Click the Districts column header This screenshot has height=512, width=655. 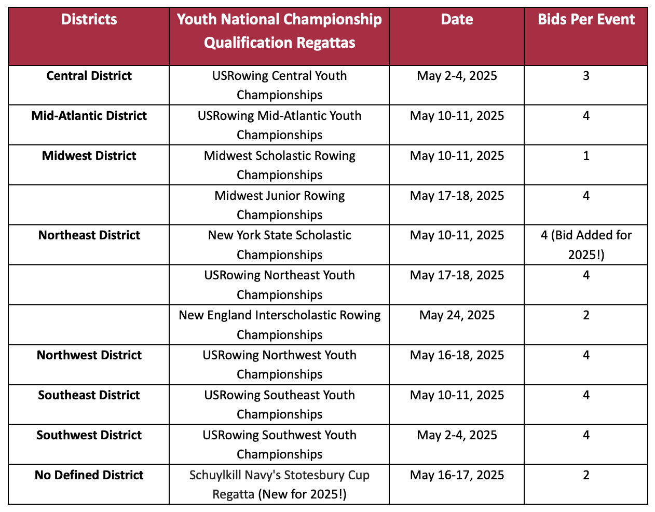(x=89, y=20)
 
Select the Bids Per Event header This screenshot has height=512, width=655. (x=586, y=20)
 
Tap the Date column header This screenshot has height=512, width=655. (x=457, y=20)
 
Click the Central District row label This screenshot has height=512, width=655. (x=89, y=76)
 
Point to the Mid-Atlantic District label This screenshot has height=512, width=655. (x=89, y=116)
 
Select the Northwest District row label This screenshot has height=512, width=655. (x=89, y=355)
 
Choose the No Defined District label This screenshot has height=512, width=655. (x=89, y=475)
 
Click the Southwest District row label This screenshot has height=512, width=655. (x=89, y=435)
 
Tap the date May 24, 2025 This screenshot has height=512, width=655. (x=457, y=315)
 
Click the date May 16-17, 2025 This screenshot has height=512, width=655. (x=457, y=475)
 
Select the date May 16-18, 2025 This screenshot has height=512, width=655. (x=457, y=355)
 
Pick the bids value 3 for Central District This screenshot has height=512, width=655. (x=586, y=76)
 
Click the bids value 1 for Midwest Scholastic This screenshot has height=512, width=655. (x=586, y=156)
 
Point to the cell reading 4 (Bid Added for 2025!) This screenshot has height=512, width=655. (x=586, y=245)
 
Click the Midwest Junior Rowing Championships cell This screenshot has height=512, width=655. (x=279, y=205)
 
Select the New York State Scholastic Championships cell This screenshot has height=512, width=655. (x=279, y=245)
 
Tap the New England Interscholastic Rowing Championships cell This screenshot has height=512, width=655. (x=279, y=325)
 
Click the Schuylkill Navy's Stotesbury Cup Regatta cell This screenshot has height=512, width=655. (x=279, y=484)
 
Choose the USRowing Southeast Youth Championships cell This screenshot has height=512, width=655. (x=279, y=405)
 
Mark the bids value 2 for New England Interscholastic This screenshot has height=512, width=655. (x=586, y=315)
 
